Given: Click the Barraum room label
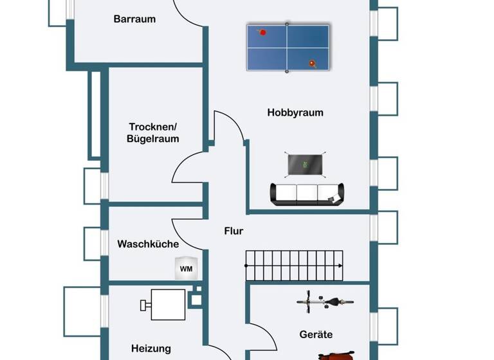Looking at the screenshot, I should tap(134, 19).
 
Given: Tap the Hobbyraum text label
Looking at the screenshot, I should tap(295, 113).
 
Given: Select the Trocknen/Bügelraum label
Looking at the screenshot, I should tap(154, 132).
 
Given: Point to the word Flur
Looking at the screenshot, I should tap(233, 231).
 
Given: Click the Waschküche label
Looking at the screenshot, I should tap(148, 244).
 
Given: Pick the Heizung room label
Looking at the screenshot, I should tap(151, 348).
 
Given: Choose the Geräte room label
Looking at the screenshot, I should tap(316, 334).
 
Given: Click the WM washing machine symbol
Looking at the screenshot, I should tap(186, 268).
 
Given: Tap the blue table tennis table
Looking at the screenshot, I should tap(288, 48).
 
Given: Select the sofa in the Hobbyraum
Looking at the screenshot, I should tap(307, 194).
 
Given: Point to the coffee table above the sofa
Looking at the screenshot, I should tap(306, 165).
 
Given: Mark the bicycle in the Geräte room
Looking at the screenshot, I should tap(325, 301).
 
